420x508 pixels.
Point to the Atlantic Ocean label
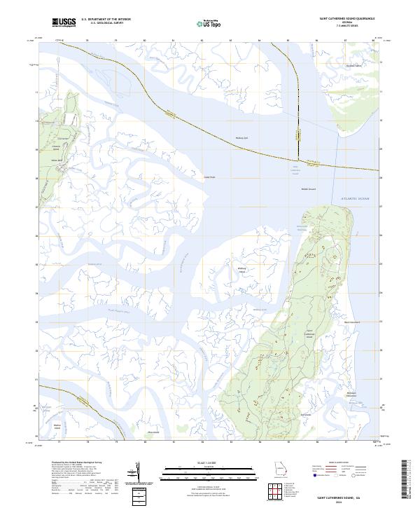344,199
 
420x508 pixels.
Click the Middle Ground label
309,188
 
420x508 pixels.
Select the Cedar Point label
209,177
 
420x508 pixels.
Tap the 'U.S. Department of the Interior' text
106,20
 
